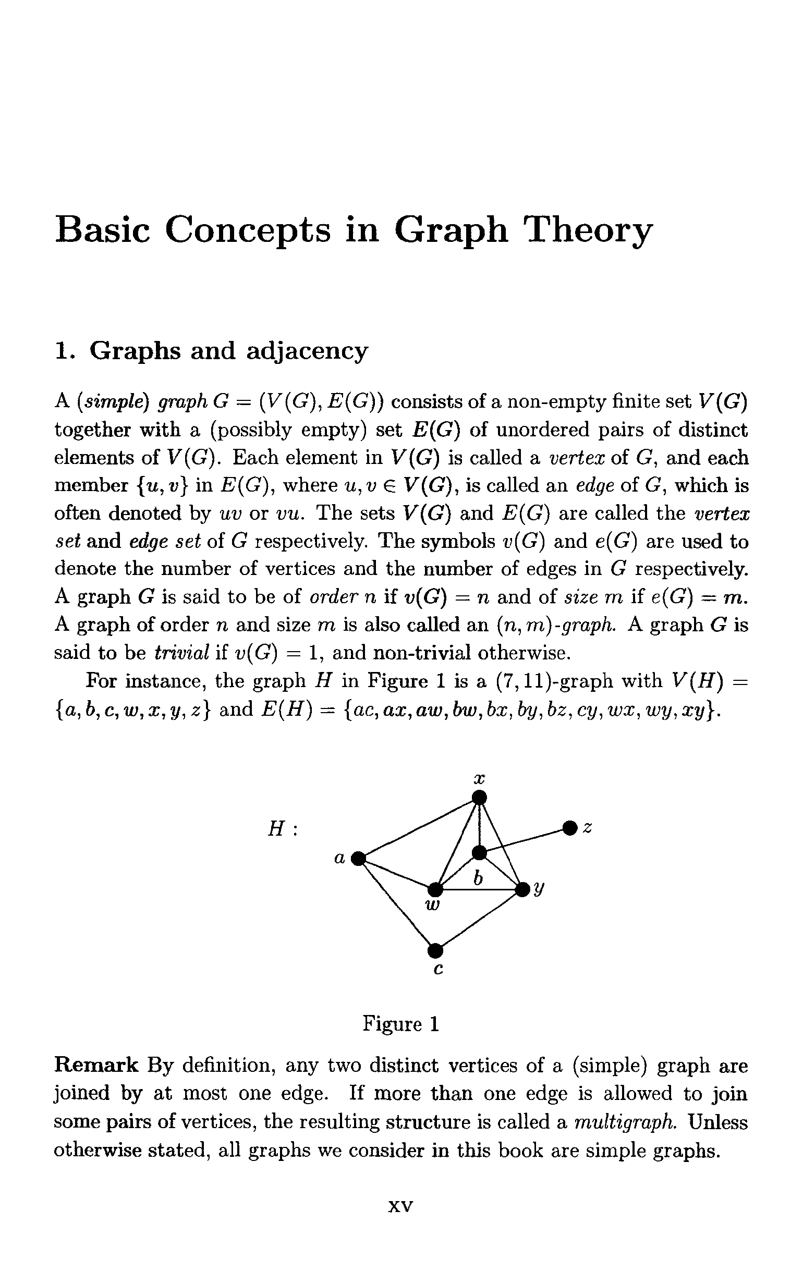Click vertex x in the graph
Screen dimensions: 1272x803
[479, 797]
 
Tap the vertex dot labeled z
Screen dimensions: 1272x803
[569, 827]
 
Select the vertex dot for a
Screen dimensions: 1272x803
[358, 859]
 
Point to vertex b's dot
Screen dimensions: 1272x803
[479, 852]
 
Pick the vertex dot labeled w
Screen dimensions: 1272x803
[435, 889]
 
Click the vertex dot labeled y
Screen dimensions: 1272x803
[522, 889]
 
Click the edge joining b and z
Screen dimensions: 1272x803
[524, 840]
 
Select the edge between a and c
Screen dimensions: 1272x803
[396, 904]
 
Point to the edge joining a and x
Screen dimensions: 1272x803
[418, 828]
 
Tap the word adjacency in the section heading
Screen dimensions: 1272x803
[307, 351]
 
